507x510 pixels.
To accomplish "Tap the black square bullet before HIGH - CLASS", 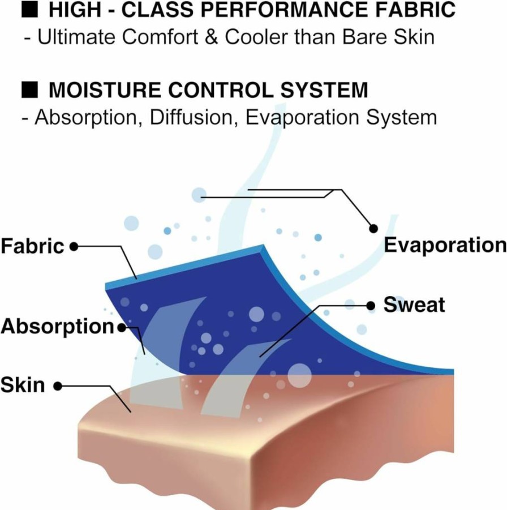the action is pyautogui.click(x=29, y=10).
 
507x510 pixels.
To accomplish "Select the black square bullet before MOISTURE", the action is pyautogui.click(x=29, y=90).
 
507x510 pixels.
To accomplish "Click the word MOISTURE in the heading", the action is pyautogui.click(x=105, y=90).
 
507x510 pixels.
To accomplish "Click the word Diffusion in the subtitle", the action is pyautogui.click(x=191, y=117).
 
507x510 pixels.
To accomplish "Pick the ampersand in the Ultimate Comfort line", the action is pyautogui.click(x=212, y=37).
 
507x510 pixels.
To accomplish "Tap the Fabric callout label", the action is pyautogui.click(x=32, y=246).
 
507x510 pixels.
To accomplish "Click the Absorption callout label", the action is pyautogui.click(x=57, y=327).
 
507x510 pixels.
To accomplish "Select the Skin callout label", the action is pyautogui.click(x=23, y=385).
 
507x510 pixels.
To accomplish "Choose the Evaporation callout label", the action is pyautogui.click(x=445, y=245).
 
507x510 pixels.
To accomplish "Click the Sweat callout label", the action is pyautogui.click(x=414, y=305).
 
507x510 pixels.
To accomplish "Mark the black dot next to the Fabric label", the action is pyautogui.click(x=74, y=247).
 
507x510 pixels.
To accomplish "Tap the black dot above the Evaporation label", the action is pyautogui.click(x=373, y=229).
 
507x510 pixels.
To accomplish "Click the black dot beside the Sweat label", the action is pyautogui.click(x=371, y=306).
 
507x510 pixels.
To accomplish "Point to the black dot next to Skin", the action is pyautogui.click(x=58, y=386).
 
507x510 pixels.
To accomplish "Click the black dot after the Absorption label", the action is pyautogui.click(x=122, y=328).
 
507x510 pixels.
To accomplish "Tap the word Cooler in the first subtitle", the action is pyautogui.click(x=256, y=37).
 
